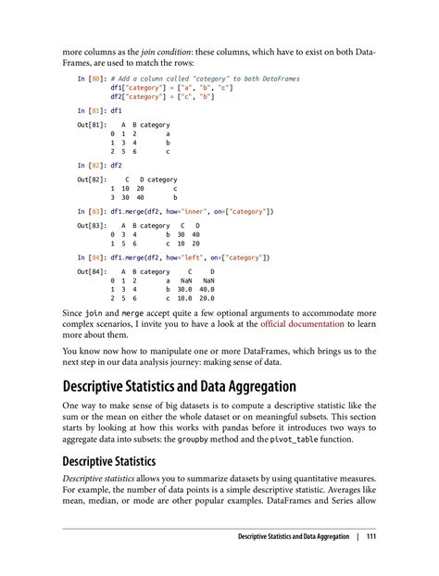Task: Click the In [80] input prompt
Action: coord(92,80)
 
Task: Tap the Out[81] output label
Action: coord(92,123)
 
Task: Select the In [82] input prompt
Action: coord(92,166)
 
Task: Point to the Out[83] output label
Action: coord(92,225)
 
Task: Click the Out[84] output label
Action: coord(92,270)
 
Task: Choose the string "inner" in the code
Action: coord(191,212)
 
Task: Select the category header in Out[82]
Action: coord(161,179)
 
